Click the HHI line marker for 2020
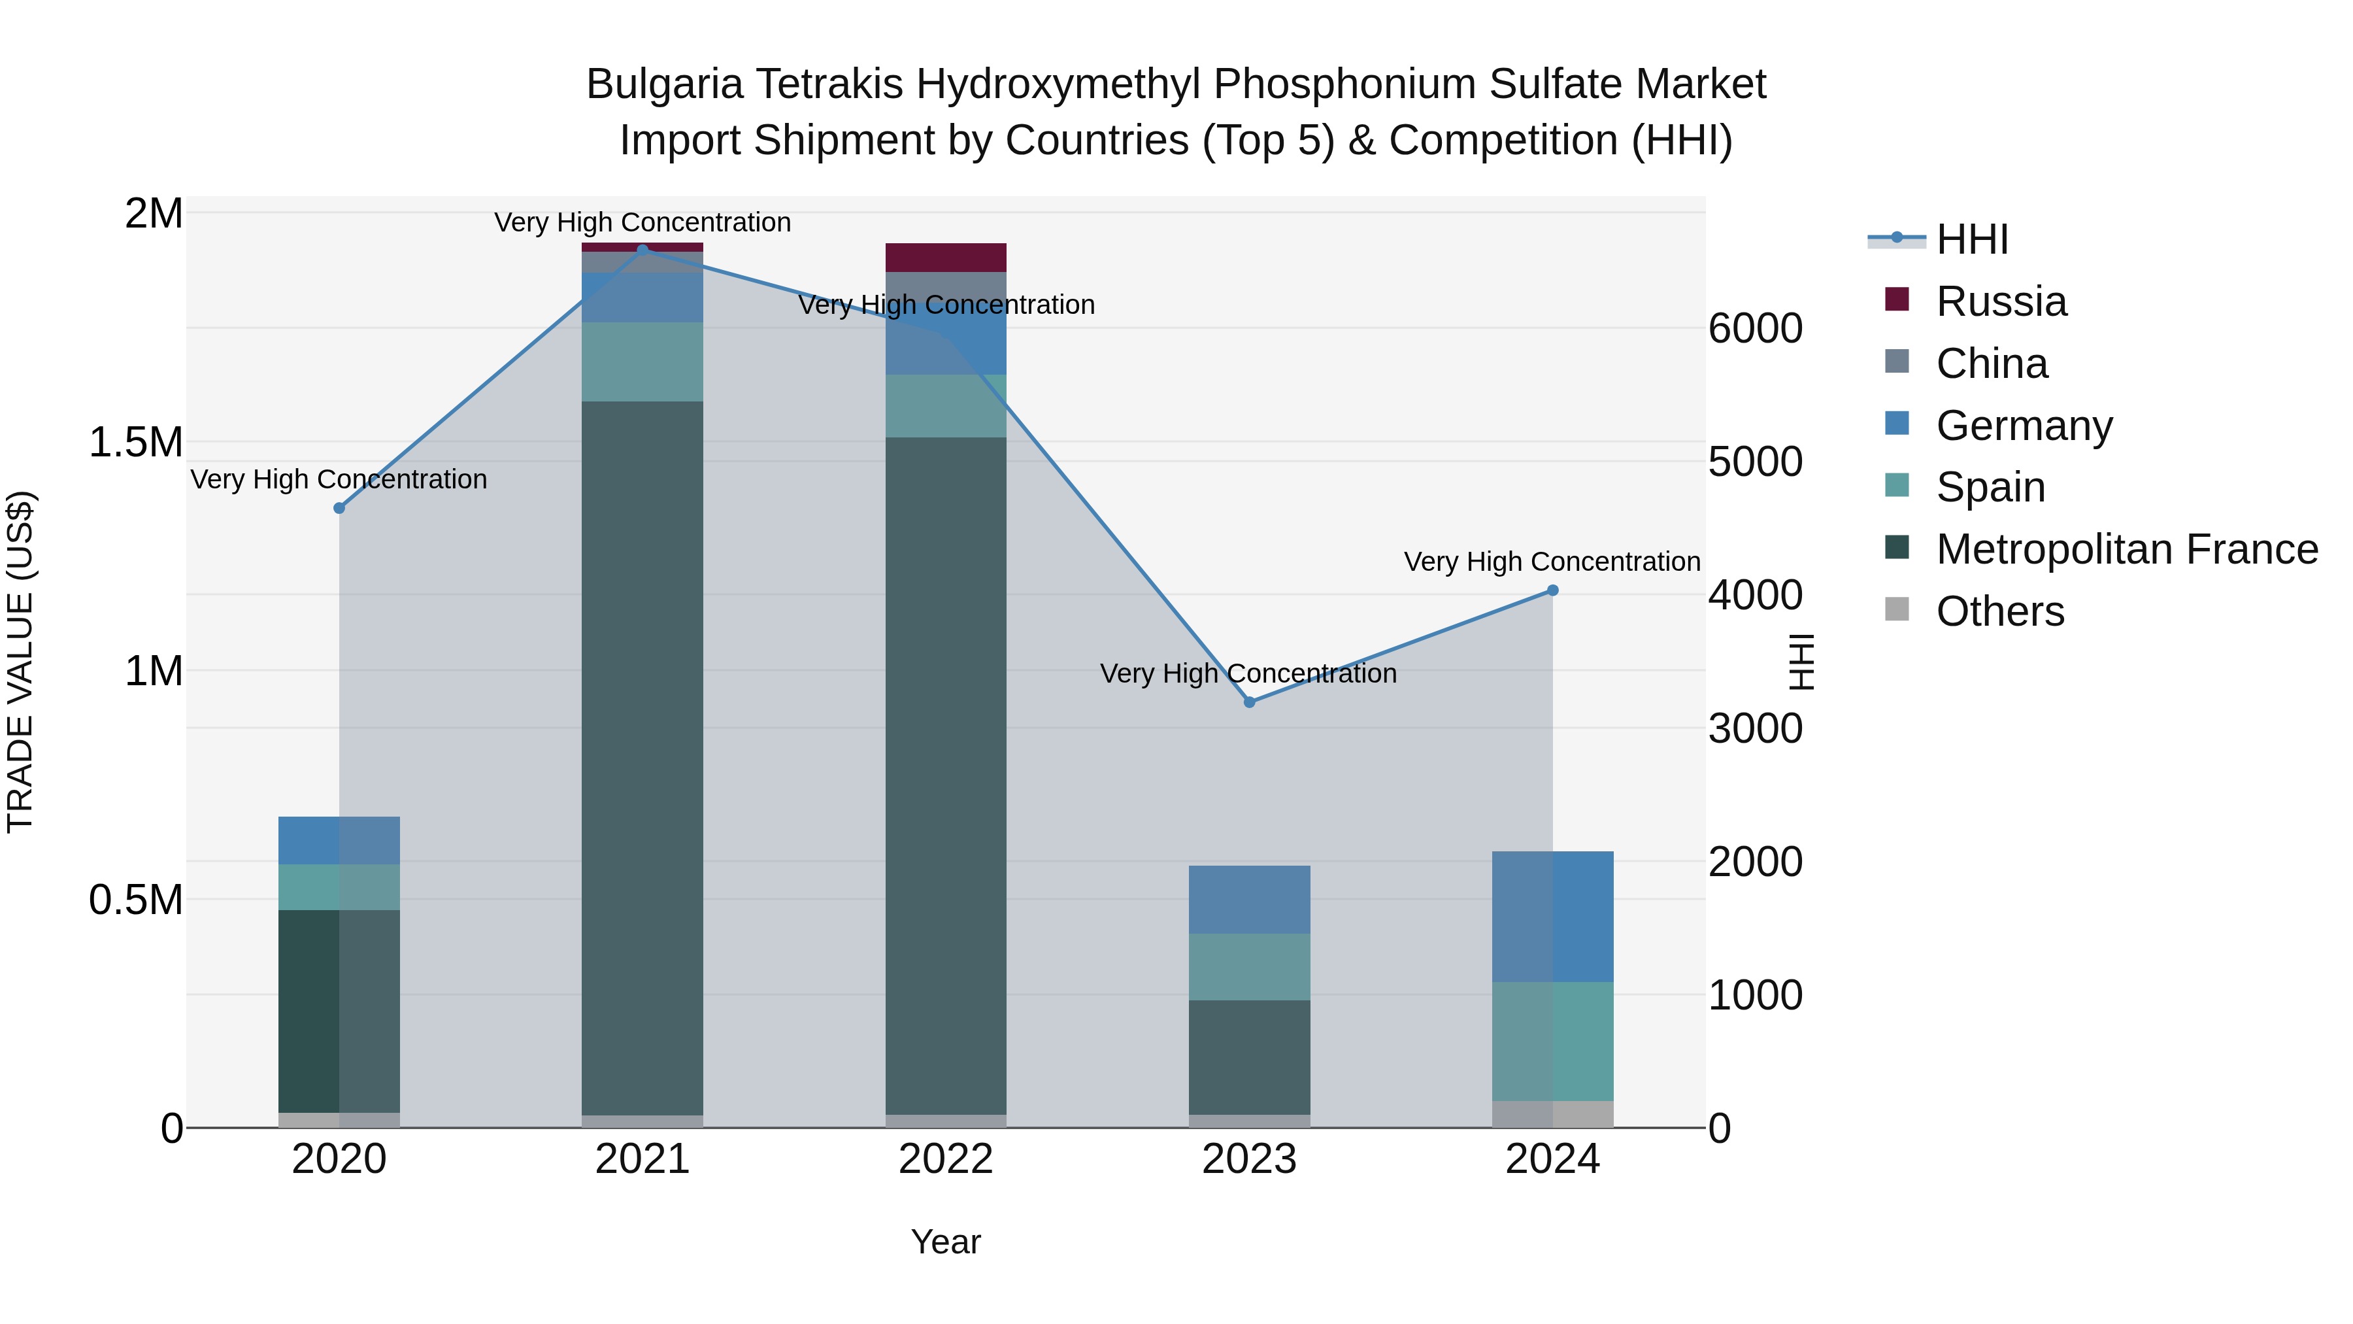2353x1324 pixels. tap(339, 508)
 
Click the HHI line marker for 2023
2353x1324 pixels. tap(1250, 702)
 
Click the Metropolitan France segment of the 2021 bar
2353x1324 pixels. tap(642, 758)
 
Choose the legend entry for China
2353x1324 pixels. tap(1992, 364)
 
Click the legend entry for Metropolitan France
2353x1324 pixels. tap(2126, 549)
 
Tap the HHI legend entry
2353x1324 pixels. tap(1971, 239)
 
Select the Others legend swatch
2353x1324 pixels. tap(1897, 609)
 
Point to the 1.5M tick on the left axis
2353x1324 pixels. tap(136, 442)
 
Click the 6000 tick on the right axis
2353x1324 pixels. tap(1756, 329)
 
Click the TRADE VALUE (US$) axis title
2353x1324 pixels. tap(20, 662)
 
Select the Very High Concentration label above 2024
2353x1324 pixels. tap(1551, 561)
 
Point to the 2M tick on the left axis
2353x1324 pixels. tap(154, 214)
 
